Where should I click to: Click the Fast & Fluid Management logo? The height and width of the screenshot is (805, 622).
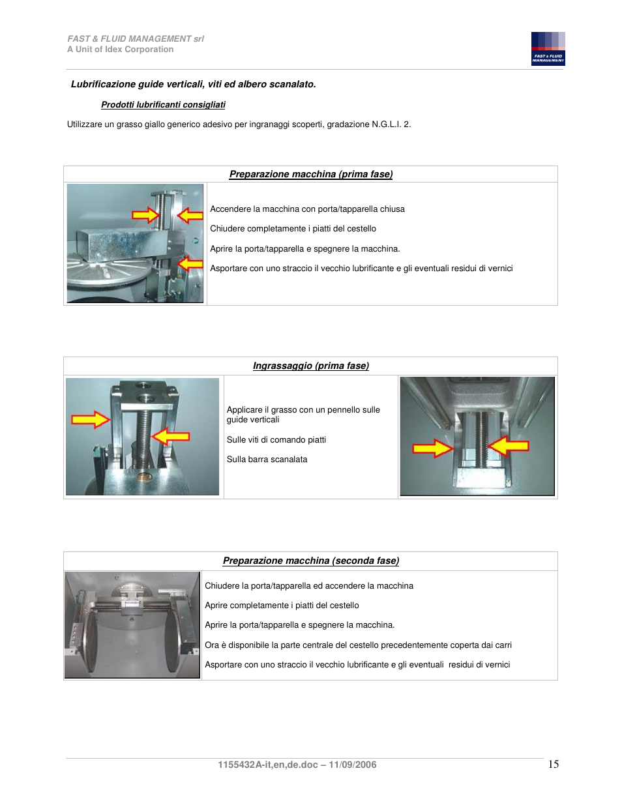pyautogui.click(x=548, y=49)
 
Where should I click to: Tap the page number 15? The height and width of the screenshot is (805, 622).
pyautogui.click(x=553, y=764)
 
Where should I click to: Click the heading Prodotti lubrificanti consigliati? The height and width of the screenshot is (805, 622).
pyautogui.click(x=163, y=105)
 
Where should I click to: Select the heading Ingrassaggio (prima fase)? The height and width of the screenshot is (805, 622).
pyautogui.click(x=310, y=366)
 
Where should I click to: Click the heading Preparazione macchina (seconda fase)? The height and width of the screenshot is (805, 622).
pyautogui.click(x=310, y=561)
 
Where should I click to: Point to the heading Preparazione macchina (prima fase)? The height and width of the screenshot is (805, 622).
pyautogui.click(x=310, y=175)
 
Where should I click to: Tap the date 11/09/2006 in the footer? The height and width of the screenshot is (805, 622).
pyautogui.click(x=352, y=765)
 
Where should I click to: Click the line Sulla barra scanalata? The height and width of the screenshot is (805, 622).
pyautogui.click(x=267, y=460)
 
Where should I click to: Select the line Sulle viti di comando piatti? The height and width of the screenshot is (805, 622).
pyautogui.click(x=276, y=440)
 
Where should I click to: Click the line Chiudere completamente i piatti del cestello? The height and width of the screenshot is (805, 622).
pyautogui.click(x=293, y=229)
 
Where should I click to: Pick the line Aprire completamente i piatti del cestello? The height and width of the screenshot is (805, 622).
pyautogui.click(x=282, y=606)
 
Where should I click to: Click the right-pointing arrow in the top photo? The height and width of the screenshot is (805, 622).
pyautogui.click(x=145, y=215)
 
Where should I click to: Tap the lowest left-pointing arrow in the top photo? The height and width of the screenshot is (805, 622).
pyautogui.click(x=190, y=263)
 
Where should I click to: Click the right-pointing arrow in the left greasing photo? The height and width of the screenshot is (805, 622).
pyautogui.click(x=90, y=419)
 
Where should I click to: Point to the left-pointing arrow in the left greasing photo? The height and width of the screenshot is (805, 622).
pyautogui.click(x=171, y=436)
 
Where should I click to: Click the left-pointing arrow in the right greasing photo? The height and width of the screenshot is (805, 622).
pyautogui.click(x=509, y=446)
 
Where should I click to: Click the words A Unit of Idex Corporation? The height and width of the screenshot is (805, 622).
pyautogui.click(x=121, y=50)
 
